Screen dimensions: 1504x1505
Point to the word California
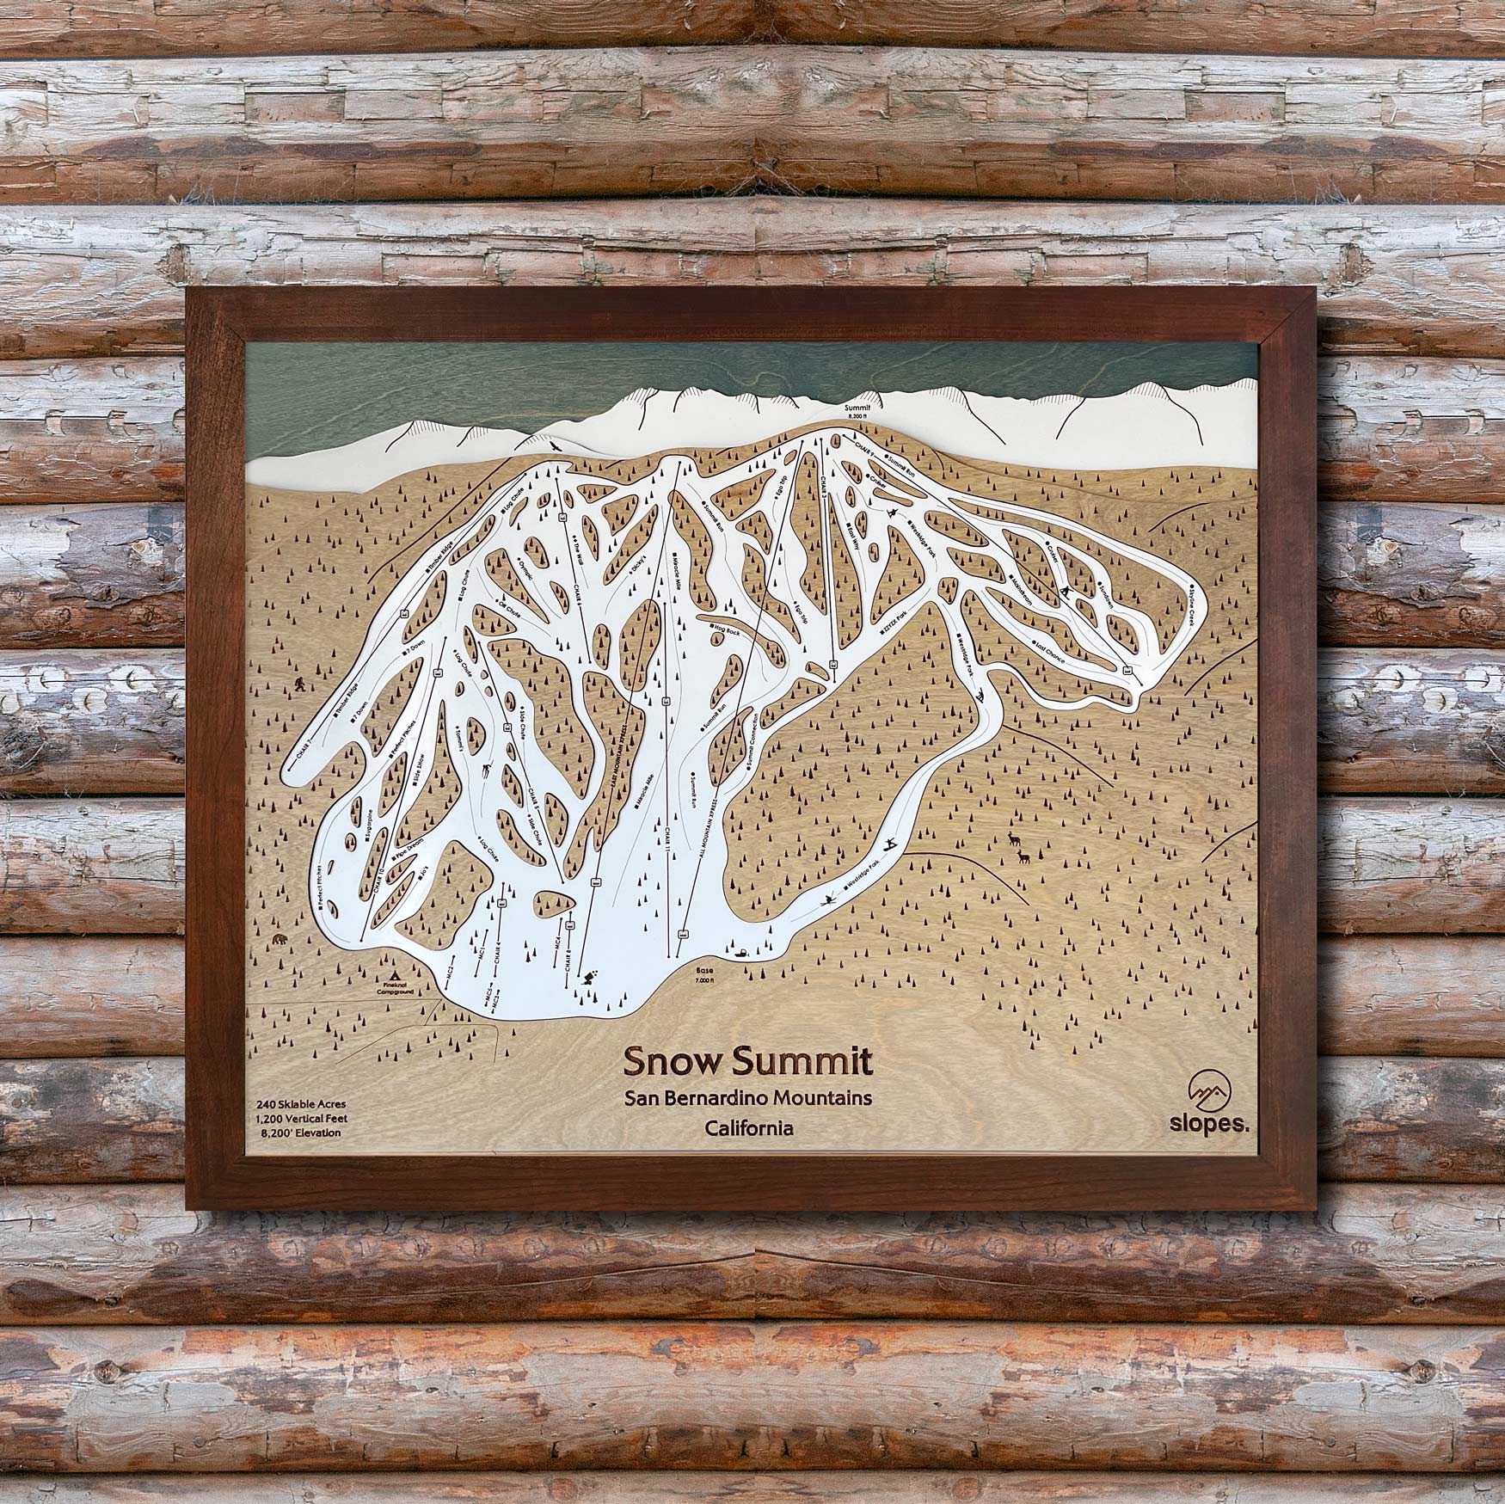[x=748, y=1127]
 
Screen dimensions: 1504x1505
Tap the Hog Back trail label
[x=727, y=630]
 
